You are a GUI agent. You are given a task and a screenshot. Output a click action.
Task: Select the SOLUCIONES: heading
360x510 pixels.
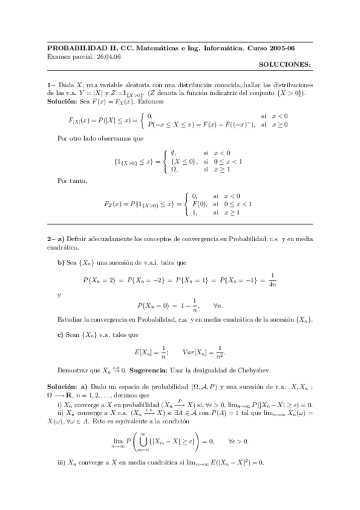pos(285,63)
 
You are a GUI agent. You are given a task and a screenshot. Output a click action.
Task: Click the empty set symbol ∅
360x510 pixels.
pos(173,153)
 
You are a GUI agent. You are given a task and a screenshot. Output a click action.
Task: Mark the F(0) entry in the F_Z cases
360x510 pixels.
pos(198,204)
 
